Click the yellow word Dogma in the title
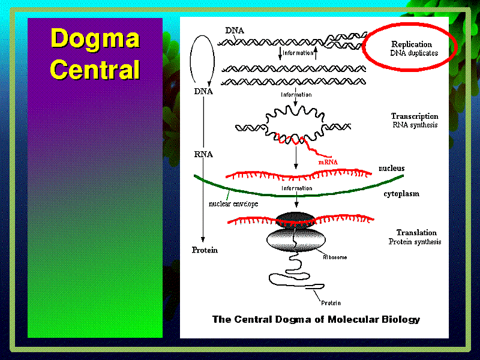[95, 39]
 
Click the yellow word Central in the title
[95, 69]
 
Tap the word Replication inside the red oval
[412, 44]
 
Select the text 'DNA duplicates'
[414, 53]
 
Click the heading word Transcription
[415, 116]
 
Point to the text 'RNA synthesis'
[415, 125]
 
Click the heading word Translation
[416, 232]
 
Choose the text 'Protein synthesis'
[415, 242]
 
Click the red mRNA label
[328, 162]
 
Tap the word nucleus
[392, 168]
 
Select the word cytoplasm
[401, 194]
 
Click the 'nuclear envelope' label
[233, 203]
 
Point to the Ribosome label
[335, 257]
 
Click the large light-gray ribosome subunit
[296, 240]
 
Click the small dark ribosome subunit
[295, 220]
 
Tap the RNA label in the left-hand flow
[203, 154]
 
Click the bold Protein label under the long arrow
[205, 250]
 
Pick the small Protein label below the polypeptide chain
[331, 303]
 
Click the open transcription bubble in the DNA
[295, 125]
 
